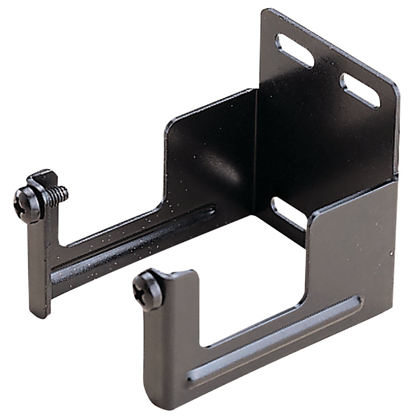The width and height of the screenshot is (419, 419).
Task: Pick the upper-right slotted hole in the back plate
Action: point(360,91)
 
